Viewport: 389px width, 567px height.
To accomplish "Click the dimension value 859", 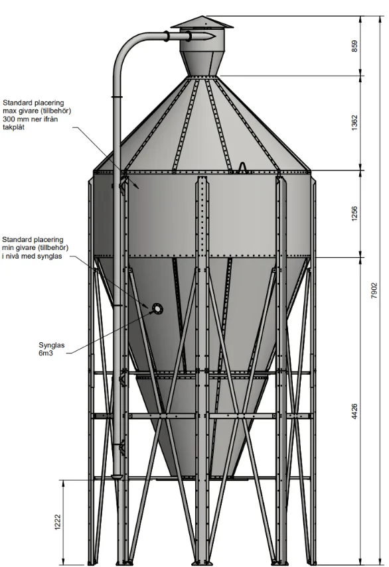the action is click(354, 46).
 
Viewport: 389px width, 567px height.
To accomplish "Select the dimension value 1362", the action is click(354, 123).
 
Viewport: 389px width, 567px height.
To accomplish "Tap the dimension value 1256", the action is click(354, 214).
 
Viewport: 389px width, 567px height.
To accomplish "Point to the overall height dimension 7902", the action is click(374, 290).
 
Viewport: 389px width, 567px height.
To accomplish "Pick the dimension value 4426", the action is click(354, 412).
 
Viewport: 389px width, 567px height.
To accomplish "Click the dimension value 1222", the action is click(58, 522).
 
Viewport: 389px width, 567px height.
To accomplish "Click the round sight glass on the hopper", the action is click(157, 308).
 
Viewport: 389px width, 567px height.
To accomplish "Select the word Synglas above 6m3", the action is click(51, 346).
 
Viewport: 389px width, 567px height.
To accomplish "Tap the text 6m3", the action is click(46, 353).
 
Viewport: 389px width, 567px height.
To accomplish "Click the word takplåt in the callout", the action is click(14, 127).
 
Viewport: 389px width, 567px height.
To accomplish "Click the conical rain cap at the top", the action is click(202, 22).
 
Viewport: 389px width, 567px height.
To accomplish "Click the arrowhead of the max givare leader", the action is click(137, 186).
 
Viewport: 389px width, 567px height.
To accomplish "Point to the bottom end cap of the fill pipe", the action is click(117, 477).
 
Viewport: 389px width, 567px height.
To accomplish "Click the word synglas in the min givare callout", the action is click(50, 257).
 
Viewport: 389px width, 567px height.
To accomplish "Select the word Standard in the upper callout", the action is click(17, 103).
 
